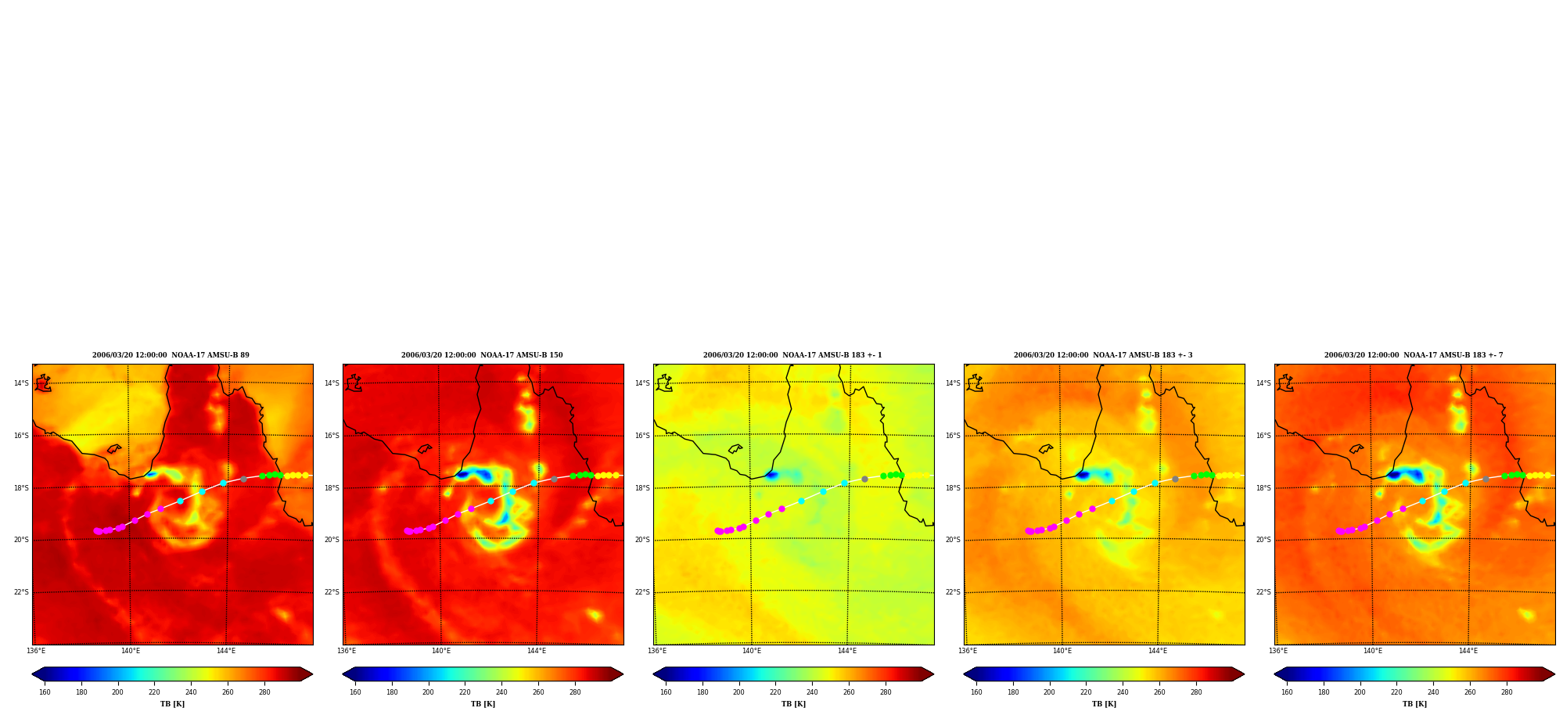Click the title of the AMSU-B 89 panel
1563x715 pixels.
[171, 355]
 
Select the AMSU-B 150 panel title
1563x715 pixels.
[482, 355]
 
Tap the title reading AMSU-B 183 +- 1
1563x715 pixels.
[792, 355]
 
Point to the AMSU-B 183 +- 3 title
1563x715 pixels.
[1103, 355]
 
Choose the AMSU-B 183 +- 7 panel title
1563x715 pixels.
[1414, 355]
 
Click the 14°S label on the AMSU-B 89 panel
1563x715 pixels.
[21, 383]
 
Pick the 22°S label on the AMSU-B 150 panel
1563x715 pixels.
[332, 592]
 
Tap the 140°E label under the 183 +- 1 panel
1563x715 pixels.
[752, 651]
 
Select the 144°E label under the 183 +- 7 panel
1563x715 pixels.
[1468, 651]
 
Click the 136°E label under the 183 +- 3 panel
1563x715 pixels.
[968, 651]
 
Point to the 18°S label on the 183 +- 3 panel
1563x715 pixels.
[953, 488]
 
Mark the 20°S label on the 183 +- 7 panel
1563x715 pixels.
[1263, 540]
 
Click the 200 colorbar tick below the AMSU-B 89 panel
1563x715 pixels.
[117, 692]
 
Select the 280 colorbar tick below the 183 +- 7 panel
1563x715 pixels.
[1507, 692]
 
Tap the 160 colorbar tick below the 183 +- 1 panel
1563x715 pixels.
[666, 692]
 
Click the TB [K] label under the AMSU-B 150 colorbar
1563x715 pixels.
[483, 704]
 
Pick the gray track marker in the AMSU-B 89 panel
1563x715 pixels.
[243, 479]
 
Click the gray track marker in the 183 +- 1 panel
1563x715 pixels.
[864, 479]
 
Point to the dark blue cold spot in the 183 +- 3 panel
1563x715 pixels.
[1083, 475]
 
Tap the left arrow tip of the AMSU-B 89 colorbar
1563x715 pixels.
[32, 674]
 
